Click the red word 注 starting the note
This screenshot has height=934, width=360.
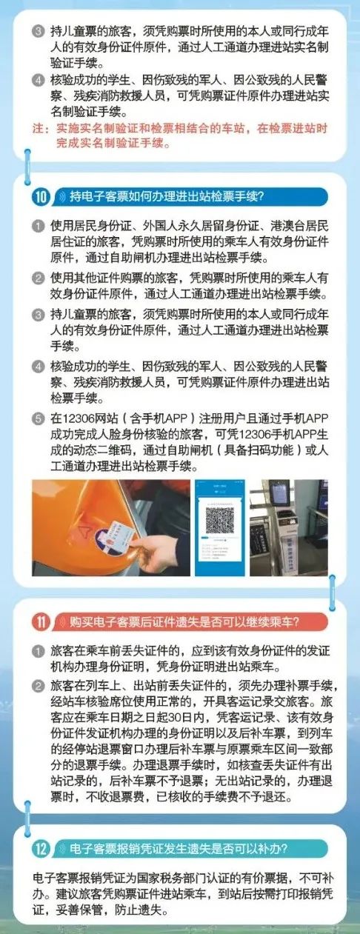(x=40, y=129)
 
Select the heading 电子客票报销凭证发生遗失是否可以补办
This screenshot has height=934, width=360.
(x=178, y=847)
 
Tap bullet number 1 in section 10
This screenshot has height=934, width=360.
(x=39, y=224)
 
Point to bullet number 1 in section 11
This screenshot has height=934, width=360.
(x=39, y=650)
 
